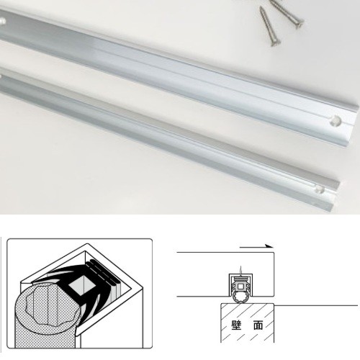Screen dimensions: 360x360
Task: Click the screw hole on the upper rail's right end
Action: coord(336,121)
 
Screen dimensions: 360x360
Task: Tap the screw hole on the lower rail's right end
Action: coord(320,189)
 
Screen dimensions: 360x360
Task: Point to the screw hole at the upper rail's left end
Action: coord(2,21)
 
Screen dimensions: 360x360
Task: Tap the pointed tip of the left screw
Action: coord(261,7)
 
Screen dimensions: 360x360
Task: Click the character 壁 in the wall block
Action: coord(236,325)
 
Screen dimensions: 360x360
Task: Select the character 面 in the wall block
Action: coord(258,325)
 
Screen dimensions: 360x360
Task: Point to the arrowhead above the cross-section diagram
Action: coord(270,246)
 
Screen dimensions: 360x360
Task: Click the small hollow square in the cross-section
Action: coord(240,286)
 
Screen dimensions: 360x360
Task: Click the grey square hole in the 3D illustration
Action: coord(83,286)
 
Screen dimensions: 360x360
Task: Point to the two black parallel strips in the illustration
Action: coord(103,272)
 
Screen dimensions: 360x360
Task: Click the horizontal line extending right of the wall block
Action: coord(316,305)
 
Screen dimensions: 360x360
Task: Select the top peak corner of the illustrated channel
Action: coord(86,244)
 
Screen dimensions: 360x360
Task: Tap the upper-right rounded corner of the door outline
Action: coord(273,253)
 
